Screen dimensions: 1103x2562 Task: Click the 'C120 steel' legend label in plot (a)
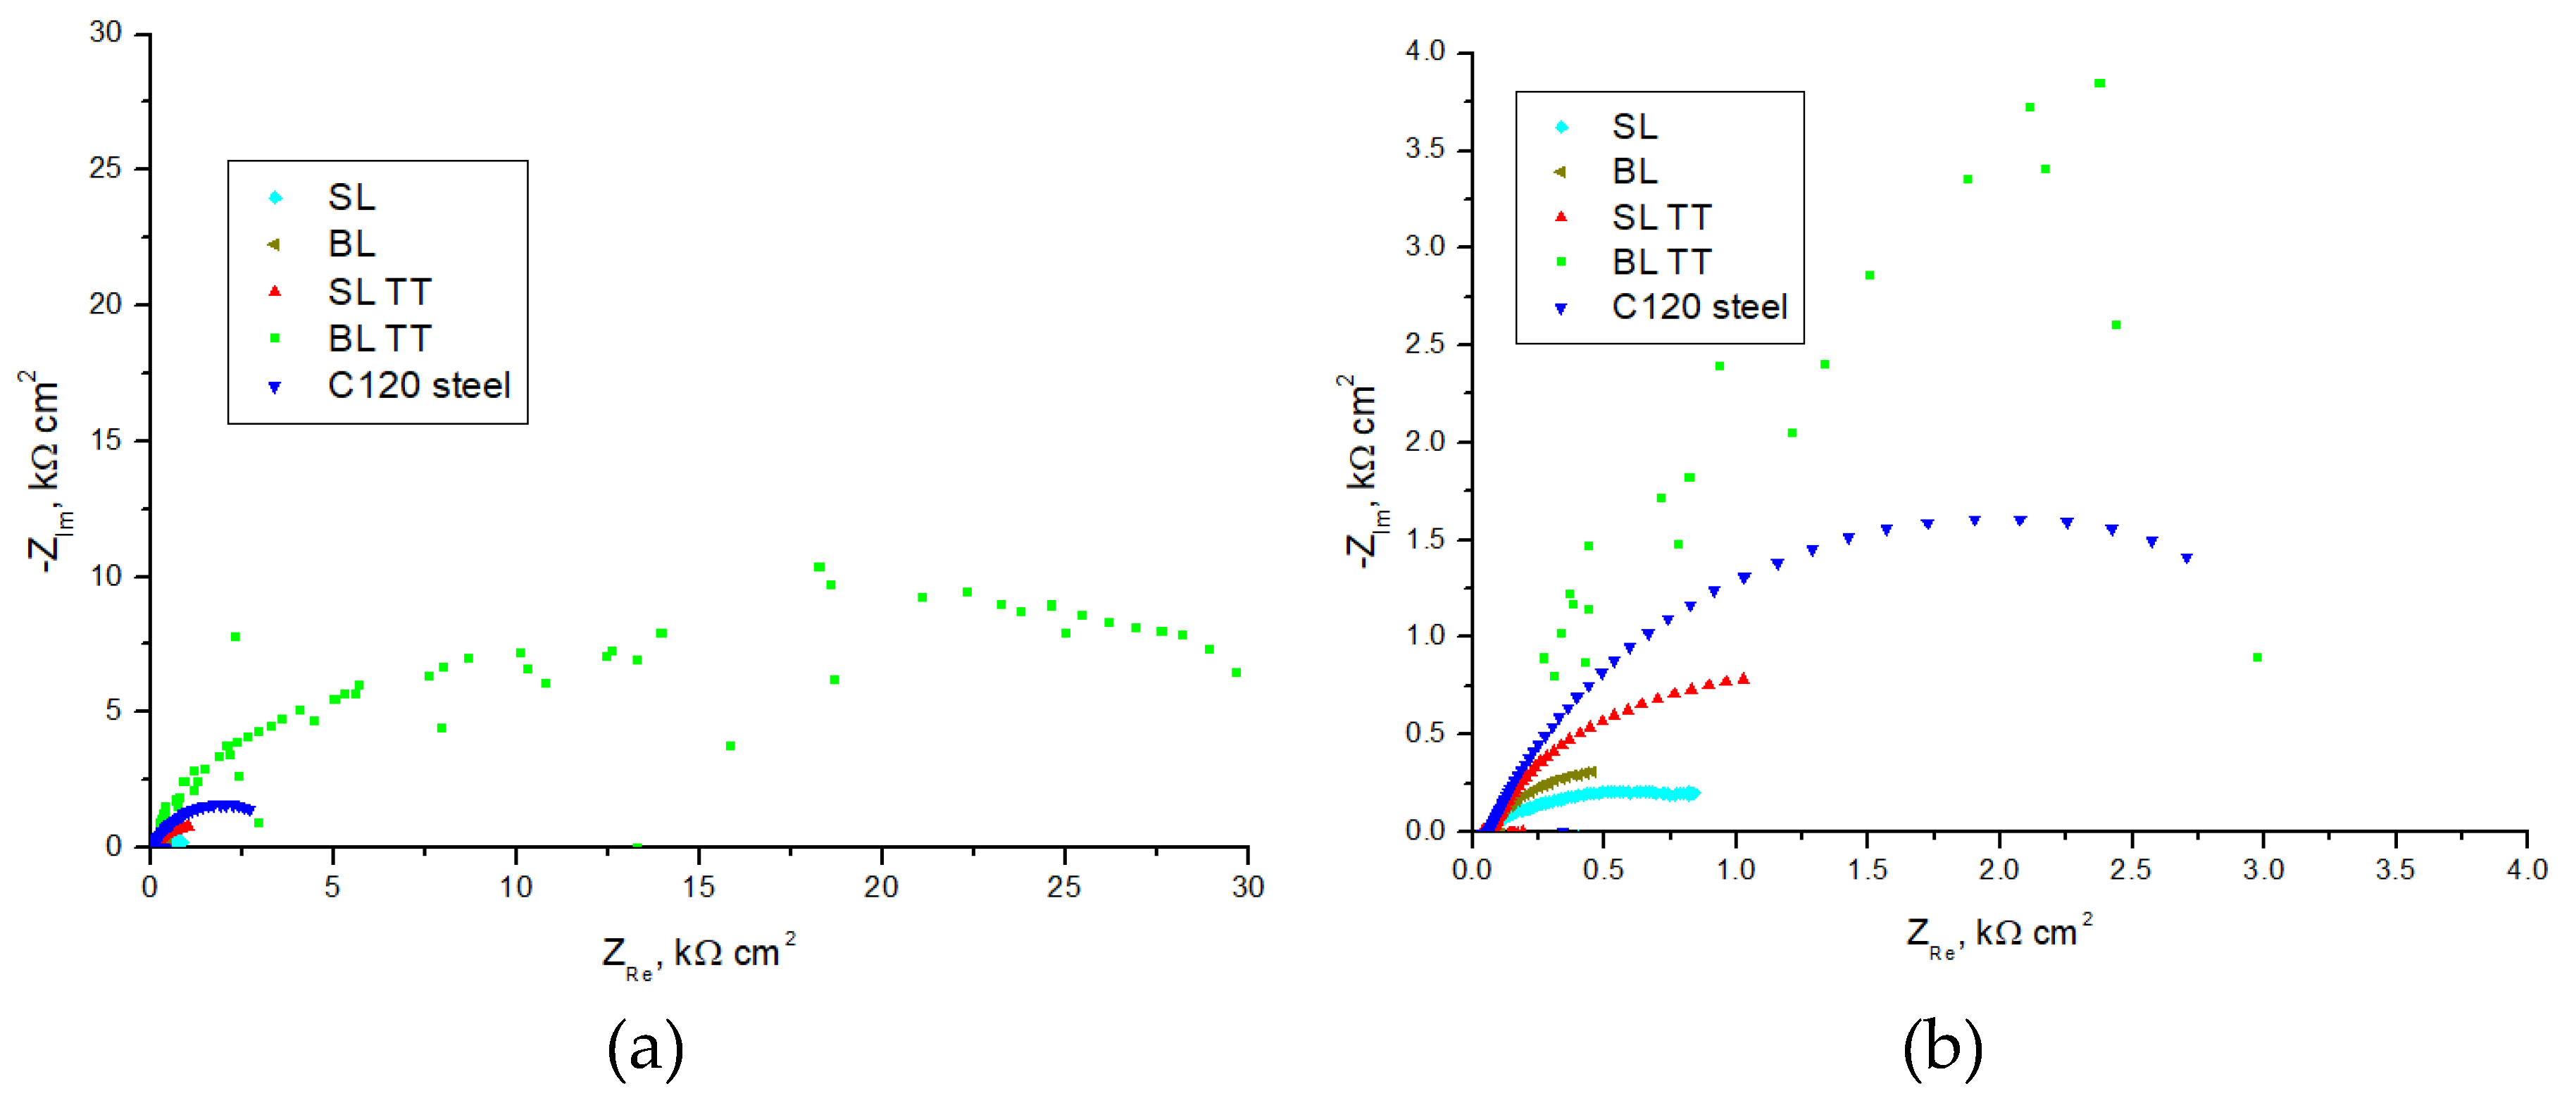[x=419, y=386]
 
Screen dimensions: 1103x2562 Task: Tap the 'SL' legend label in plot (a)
[x=352, y=198]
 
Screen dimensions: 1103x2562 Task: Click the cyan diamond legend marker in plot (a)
[x=275, y=198]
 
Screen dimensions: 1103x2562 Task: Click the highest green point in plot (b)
[x=2099, y=84]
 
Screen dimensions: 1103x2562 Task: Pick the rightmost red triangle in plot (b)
[x=1744, y=679]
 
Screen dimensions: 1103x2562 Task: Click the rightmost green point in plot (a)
[x=1236, y=673]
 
